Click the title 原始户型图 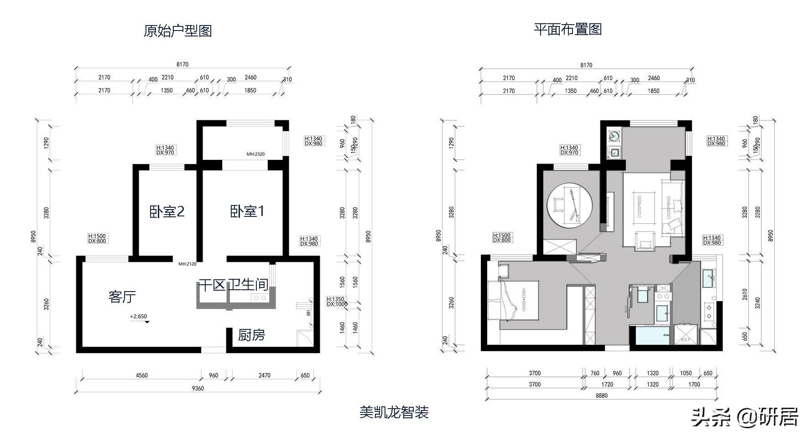[x=177, y=31]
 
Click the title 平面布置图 [x=568, y=29]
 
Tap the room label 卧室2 [x=167, y=211]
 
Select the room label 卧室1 [x=247, y=211]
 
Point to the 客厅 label [x=122, y=297]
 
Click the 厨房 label [x=251, y=335]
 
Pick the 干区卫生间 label [x=233, y=285]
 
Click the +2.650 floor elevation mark [x=139, y=317]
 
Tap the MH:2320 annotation [x=255, y=154]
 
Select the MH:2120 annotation [x=187, y=264]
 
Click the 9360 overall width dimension [x=198, y=389]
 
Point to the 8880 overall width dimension [x=602, y=395]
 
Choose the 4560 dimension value [x=141, y=375]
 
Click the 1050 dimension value [x=686, y=373]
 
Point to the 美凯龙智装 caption [x=394, y=413]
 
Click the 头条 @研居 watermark [x=744, y=416]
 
